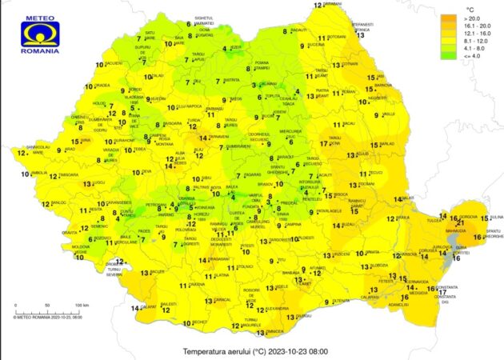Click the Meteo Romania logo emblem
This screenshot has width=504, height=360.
pyautogui.click(x=39, y=30)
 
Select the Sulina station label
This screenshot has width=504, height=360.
pyautogui.click(x=494, y=217)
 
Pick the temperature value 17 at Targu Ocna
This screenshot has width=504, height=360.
pyautogui.click(x=324, y=144)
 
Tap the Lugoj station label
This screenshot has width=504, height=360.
pyautogui.click(x=77, y=182)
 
